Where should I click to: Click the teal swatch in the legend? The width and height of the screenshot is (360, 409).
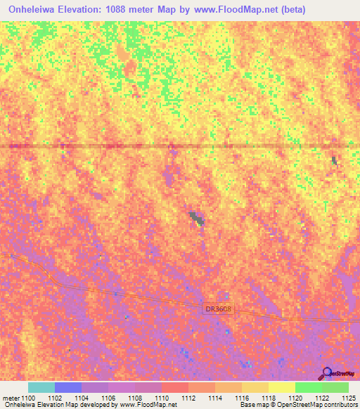[x=41, y=387]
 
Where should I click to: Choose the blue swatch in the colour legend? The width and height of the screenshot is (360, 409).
[x=68, y=387]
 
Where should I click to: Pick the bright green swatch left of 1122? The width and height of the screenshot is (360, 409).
[x=308, y=387]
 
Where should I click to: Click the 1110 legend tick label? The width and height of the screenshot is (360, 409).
[x=163, y=398]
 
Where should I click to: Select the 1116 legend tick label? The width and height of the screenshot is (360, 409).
[x=243, y=398]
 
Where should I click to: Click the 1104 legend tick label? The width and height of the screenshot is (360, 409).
[x=83, y=398]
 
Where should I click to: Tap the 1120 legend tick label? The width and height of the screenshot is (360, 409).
[x=296, y=398]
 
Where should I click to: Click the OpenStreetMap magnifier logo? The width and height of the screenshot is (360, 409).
[x=328, y=373]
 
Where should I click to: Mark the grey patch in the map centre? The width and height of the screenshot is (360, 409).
[x=196, y=219]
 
